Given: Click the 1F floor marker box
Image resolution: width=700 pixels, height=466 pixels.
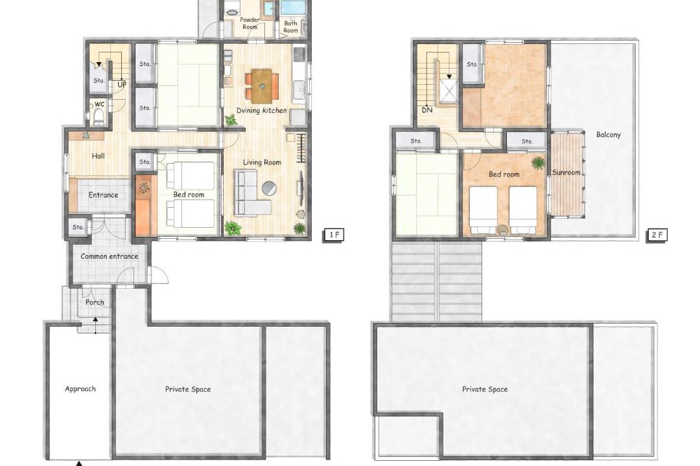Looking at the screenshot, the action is [x=333, y=235].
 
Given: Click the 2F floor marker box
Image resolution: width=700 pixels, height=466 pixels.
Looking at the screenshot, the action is [x=657, y=235].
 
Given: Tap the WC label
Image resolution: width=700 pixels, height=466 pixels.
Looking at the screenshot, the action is [x=99, y=104].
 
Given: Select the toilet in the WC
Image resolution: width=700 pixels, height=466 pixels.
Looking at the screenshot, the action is [x=99, y=118].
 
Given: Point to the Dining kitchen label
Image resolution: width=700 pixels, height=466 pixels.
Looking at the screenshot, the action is [x=262, y=110].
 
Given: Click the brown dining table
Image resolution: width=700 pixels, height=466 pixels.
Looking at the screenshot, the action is [x=262, y=84].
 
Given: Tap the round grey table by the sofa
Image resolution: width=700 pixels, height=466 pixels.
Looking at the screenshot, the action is [x=269, y=188].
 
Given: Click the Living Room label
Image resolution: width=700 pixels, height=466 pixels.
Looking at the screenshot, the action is [x=262, y=162].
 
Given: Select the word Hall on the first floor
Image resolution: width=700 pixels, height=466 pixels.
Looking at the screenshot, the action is [x=99, y=155].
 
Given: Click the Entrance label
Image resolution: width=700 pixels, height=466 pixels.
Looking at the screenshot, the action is [x=103, y=195].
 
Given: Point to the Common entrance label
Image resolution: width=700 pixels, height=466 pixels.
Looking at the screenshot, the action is [x=110, y=256].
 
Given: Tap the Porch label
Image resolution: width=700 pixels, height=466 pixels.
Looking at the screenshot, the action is [x=95, y=302].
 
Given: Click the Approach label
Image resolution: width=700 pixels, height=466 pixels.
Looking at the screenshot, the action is [x=80, y=389].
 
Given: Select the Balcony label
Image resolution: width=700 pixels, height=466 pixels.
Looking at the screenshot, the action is [x=609, y=135].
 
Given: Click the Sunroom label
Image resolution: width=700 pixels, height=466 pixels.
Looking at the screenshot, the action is [x=566, y=172].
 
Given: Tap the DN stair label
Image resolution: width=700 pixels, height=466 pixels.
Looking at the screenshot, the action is [x=426, y=109].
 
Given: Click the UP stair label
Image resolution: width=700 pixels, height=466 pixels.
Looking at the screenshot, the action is [x=122, y=84].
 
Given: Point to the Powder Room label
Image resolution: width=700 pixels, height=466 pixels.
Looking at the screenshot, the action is [x=250, y=23].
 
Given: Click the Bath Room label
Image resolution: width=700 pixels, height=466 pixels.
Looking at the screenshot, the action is [x=290, y=27].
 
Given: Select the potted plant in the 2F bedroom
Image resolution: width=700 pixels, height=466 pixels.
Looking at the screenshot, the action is [x=538, y=162].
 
